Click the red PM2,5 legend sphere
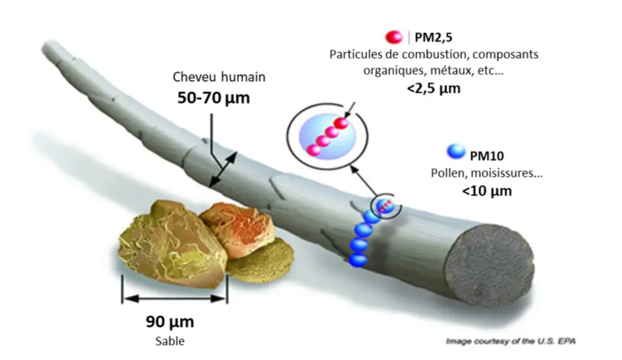point(394,37)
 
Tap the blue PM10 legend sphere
point(456,151)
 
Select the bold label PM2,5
point(433,37)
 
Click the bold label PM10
point(487,156)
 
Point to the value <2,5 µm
point(434,88)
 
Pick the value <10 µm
point(487,191)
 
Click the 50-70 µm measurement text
point(213,98)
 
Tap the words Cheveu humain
point(219,77)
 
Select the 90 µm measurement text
point(170,321)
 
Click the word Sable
point(170,341)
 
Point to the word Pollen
point(448,173)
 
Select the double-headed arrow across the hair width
point(223,169)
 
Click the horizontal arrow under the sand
point(175,299)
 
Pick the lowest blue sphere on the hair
point(358,260)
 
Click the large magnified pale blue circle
point(328,137)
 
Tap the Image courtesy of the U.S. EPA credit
point(511,341)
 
